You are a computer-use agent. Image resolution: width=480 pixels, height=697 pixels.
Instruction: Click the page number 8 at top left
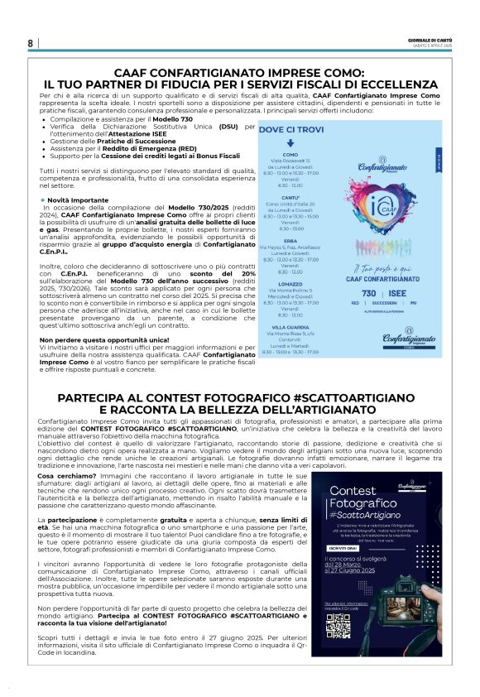pyautogui.click(x=31, y=43)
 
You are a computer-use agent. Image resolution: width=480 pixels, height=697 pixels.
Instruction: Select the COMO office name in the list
pyautogui.click(x=290, y=154)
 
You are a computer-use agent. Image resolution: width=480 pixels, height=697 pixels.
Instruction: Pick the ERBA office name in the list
pyautogui.click(x=290, y=241)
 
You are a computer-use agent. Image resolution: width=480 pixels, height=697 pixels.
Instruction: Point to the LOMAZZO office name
pyautogui.click(x=290, y=283)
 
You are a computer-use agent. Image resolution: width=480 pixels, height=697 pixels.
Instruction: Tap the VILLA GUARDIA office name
pyautogui.click(x=290, y=327)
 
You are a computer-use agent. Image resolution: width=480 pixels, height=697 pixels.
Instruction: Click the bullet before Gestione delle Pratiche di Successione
pyautogui.click(x=43, y=142)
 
